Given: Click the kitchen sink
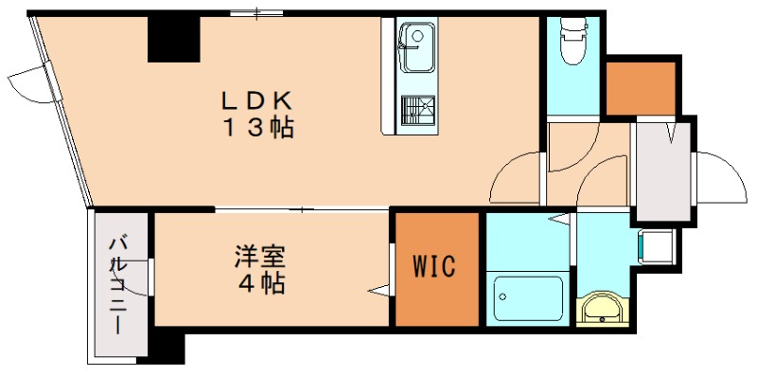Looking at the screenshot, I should pos(414,47).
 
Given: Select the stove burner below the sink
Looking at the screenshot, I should pos(414,111).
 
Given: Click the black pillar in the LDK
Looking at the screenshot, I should pos(173,39).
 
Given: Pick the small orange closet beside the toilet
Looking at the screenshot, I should pos(640,87).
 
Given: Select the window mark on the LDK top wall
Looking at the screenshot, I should pos(257,13).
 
